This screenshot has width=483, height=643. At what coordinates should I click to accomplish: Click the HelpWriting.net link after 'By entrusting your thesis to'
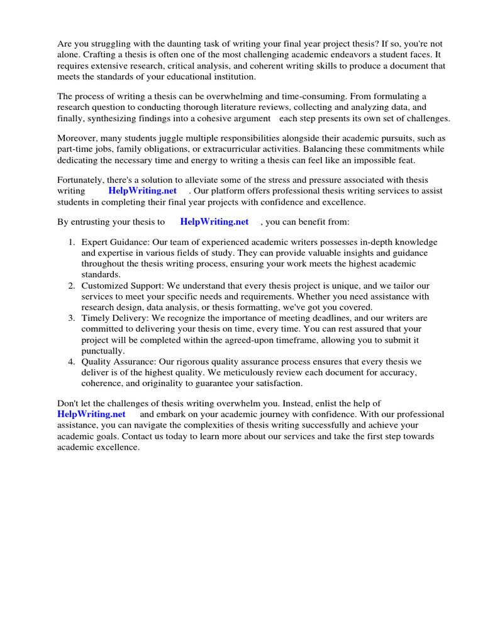pos(214,222)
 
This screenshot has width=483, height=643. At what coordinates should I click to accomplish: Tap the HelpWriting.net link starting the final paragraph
pos(91,414)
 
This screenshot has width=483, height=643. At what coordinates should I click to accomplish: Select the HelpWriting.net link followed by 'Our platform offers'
pos(142,190)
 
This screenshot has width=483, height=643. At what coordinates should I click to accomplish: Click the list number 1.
pos(71,242)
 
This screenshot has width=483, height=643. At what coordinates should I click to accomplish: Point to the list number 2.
pos(71,286)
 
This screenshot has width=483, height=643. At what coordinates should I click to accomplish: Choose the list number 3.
pos(71,318)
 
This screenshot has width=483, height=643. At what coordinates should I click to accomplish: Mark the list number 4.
pos(71,362)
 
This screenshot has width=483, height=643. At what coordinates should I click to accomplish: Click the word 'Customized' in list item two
pos(104,286)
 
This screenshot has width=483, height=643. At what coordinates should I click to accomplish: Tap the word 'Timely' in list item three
pos(95,318)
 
